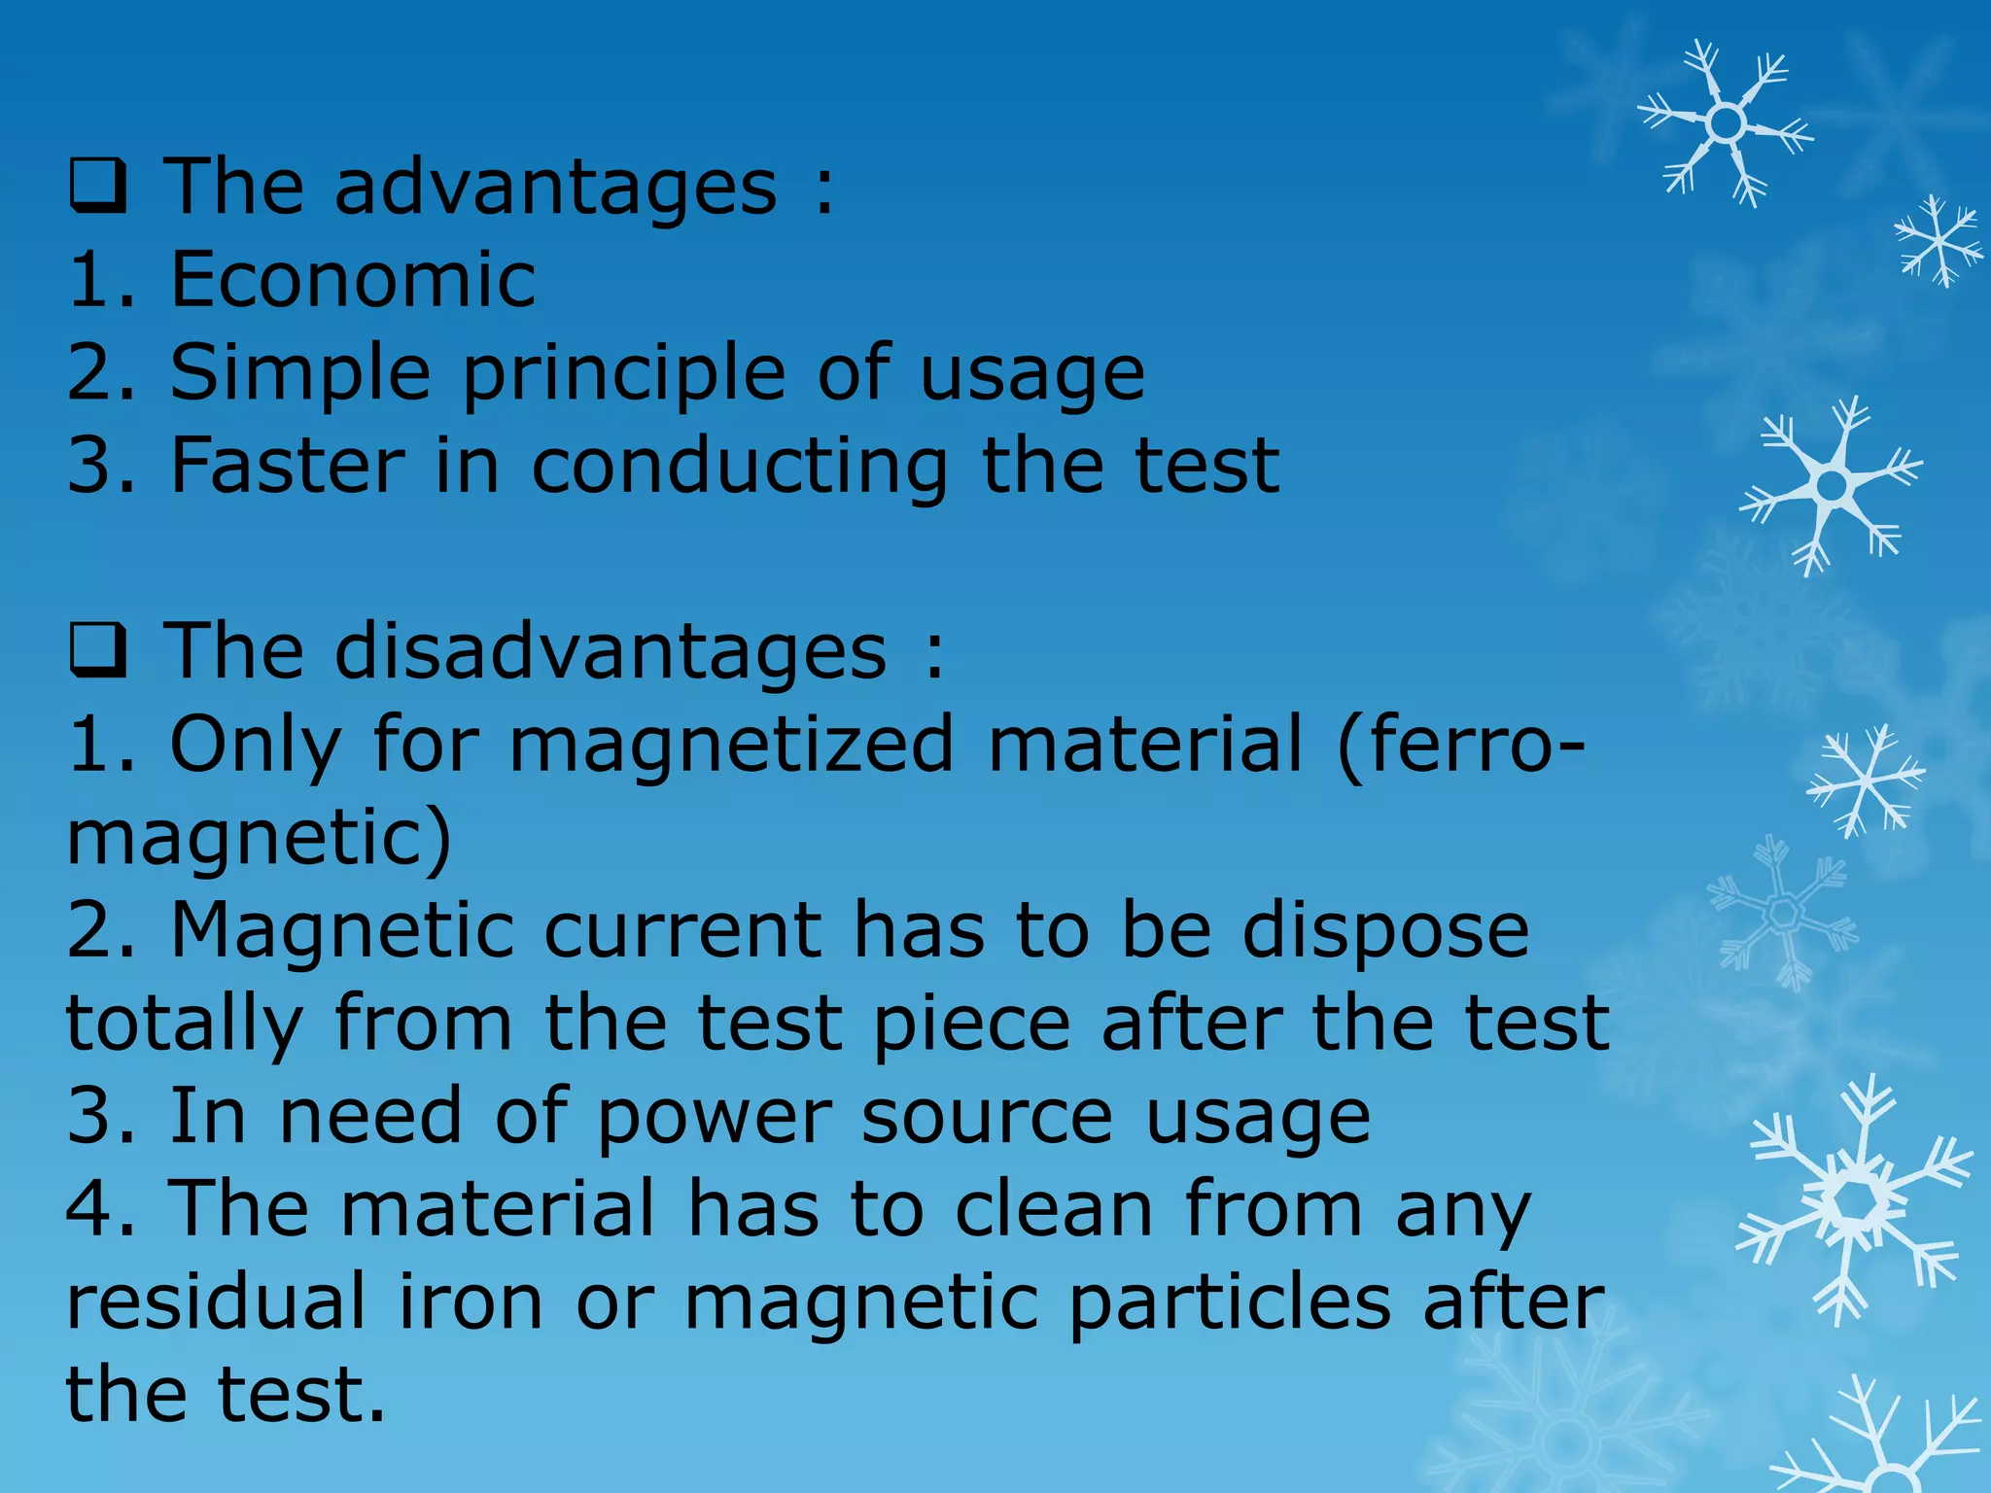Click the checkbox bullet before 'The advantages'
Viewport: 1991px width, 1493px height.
pos(98,189)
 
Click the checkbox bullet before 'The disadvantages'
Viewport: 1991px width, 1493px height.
pos(98,653)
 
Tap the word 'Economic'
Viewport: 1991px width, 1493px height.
pos(353,280)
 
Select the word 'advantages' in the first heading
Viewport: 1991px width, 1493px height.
pos(556,189)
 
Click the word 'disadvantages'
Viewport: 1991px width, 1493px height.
pos(611,653)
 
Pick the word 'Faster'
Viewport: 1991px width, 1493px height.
pos(288,467)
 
